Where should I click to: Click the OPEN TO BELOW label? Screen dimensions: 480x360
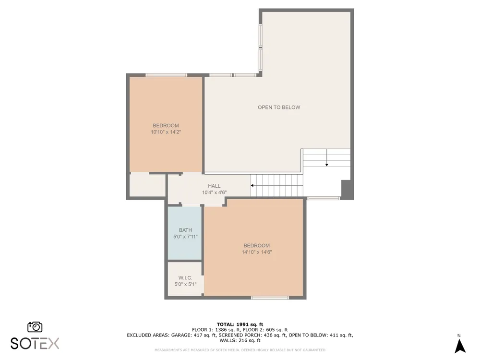tap(279, 107)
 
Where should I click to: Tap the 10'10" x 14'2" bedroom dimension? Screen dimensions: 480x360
tap(166, 132)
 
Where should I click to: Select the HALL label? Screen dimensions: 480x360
tap(214, 186)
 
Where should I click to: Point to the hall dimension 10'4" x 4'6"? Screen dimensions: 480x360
tap(214, 192)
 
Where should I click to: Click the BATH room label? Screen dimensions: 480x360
tap(185, 230)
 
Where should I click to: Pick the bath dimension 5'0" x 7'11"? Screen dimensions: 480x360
tap(185, 237)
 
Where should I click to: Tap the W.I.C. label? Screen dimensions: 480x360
tap(185, 277)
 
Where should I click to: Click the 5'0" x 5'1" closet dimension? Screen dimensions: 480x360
tap(185, 284)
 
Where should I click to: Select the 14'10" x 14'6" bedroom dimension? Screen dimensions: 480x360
tap(257, 252)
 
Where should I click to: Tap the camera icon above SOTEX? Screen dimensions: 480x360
tap(35, 327)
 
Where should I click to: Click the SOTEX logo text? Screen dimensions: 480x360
tap(35, 343)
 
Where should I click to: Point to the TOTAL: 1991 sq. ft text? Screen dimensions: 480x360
tap(240, 324)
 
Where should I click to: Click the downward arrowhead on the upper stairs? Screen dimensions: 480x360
tap(327, 165)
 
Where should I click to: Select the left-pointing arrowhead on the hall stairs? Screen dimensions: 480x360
tap(252, 185)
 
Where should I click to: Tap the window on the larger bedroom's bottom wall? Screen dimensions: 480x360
tap(270, 298)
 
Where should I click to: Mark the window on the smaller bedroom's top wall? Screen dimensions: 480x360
tap(166, 75)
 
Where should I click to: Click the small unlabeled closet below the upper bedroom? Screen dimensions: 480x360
tap(148, 185)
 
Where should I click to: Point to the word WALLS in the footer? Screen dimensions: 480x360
tap(227, 340)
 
